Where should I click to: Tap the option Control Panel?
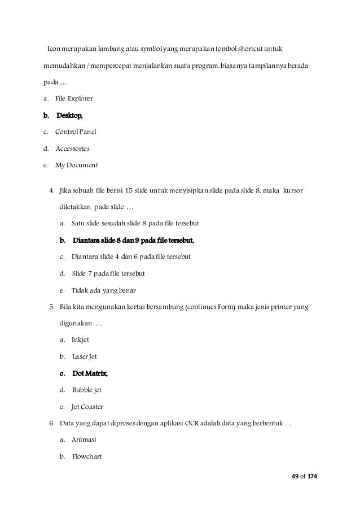pos(76,132)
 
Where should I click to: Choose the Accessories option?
pos(72,149)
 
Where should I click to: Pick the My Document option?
pos(76,165)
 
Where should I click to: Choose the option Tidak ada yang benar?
pos(104,290)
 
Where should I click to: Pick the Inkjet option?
pos(80,340)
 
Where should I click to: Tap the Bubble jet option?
pos(86,390)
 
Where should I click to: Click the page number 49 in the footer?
pos(294,477)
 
